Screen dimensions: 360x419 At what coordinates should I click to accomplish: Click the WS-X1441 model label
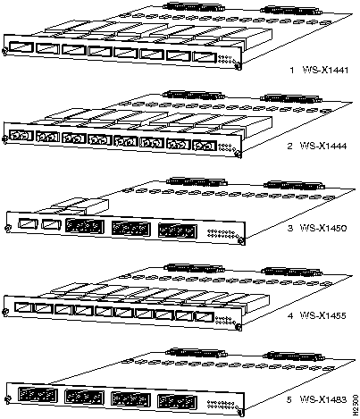(325, 71)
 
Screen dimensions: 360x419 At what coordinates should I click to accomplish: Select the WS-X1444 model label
(323, 147)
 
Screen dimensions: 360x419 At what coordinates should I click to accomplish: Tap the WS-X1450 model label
(323, 229)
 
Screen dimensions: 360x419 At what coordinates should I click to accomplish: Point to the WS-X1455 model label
(323, 315)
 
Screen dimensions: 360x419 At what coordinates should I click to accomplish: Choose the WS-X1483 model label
(323, 399)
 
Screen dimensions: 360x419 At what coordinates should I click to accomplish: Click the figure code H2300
(355, 405)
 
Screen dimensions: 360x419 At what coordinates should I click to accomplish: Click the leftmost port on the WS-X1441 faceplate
(21, 47)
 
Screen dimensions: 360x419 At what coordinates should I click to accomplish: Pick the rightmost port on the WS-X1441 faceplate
(204, 57)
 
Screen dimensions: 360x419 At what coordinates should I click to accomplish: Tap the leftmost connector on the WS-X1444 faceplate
(21, 136)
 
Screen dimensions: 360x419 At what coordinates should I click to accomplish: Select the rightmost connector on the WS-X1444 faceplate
(204, 146)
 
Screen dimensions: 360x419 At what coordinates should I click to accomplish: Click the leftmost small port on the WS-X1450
(28, 223)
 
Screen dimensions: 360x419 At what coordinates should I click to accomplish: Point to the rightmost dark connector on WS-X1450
(177, 230)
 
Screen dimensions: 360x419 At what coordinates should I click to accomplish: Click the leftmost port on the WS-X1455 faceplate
(23, 307)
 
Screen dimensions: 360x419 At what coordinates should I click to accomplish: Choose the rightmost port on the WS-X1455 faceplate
(205, 317)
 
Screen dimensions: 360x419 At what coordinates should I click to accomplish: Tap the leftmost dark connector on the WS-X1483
(38, 395)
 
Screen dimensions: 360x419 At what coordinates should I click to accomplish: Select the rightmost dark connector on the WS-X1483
(177, 402)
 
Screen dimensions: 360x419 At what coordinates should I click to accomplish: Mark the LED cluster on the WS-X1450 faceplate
(222, 233)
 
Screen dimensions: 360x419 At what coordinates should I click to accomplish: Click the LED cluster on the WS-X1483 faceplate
(221, 404)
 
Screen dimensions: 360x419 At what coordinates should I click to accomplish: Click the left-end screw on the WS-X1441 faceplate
(4, 52)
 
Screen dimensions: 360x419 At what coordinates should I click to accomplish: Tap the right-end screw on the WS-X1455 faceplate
(239, 327)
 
